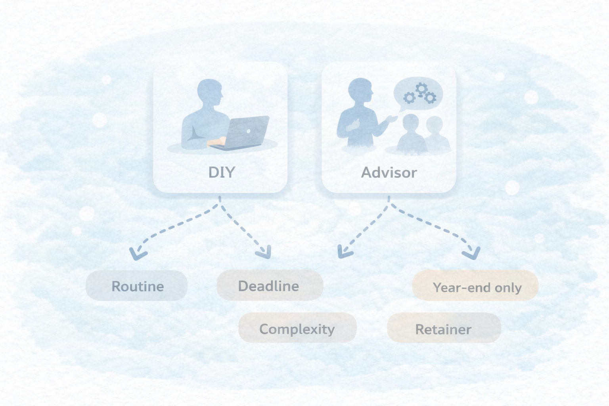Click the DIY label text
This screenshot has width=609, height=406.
pyautogui.click(x=222, y=172)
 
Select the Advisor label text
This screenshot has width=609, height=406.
pyautogui.click(x=389, y=172)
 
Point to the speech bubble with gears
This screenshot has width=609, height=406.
pyautogui.click(x=418, y=94)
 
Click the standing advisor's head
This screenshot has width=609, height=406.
pyautogui.click(x=360, y=91)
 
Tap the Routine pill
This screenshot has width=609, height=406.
pyautogui.click(x=137, y=286)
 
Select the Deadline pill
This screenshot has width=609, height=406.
pyautogui.click(x=270, y=285)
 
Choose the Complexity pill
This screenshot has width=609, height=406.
pyautogui.click(x=297, y=328)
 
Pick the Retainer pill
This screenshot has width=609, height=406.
pyautogui.click(x=444, y=328)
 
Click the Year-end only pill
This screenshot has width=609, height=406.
pyautogui.click(x=475, y=286)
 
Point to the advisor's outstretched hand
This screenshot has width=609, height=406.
pyautogui.click(x=393, y=118)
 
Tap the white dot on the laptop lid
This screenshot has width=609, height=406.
pyautogui.click(x=248, y=131)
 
